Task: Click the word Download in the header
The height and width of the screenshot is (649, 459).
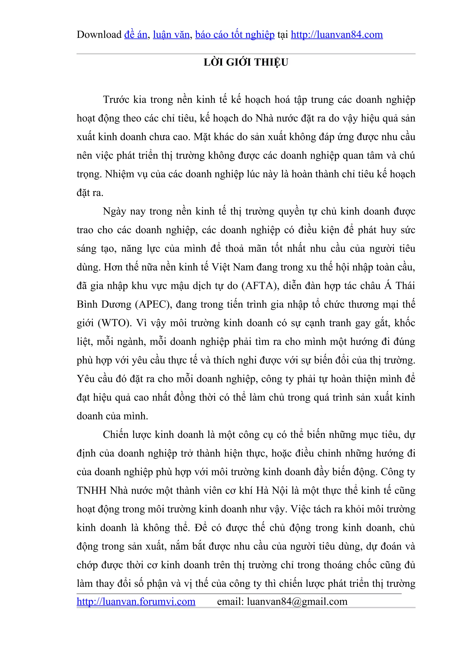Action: pos(99,34)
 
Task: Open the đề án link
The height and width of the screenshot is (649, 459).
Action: pos(136,34)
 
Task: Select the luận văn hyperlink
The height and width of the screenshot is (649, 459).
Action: pos(171,34)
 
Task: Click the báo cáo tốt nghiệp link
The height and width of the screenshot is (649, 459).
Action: pos(235,34)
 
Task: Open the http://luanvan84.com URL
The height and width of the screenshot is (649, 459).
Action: pos(337,34)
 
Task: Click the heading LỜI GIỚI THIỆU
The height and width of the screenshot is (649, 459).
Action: pos(246,62)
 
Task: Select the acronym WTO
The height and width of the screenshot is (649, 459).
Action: pos(115,323)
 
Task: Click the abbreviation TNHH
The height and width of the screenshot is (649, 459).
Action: pos(91,490)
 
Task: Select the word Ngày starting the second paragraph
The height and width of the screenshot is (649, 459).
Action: pos(114,211)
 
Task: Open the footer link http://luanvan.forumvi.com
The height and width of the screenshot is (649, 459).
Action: pos(136,602)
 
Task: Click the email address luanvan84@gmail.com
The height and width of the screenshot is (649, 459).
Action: pos(297,602)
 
